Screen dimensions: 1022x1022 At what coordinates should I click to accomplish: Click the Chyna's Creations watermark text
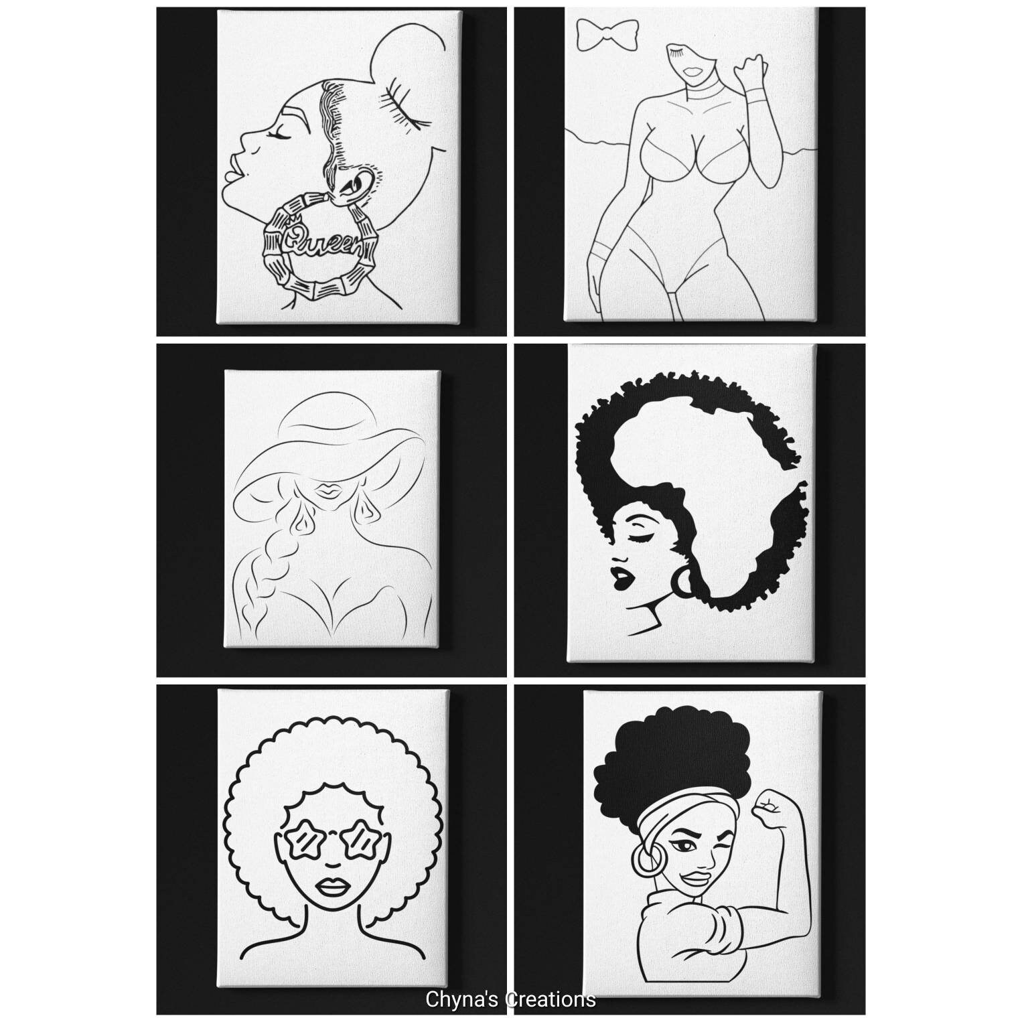(510, 999)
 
